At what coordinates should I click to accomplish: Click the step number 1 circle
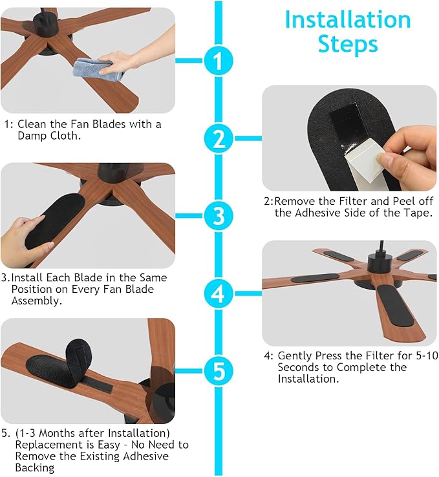[x=219, y=61]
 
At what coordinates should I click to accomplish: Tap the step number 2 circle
[x=219, y=138]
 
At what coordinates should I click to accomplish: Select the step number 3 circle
[x=219, y=215]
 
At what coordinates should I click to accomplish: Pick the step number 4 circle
[x=219, y=294]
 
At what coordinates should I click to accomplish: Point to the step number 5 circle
[x=219, y=371]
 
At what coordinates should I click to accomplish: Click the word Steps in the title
[x=348, y=44]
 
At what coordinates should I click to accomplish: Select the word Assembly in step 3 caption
[x=36, y=301]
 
